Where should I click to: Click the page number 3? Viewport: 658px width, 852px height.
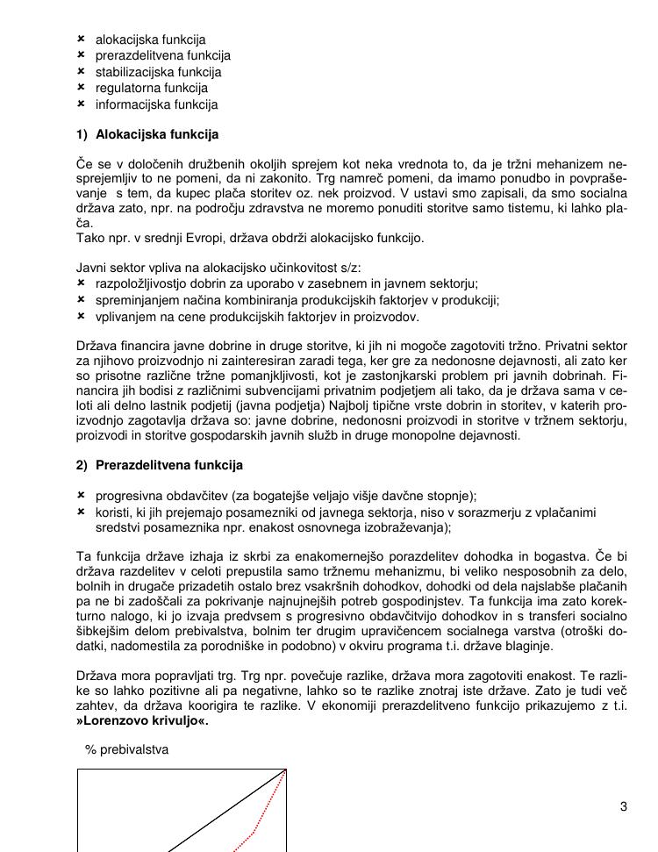coord(624,807)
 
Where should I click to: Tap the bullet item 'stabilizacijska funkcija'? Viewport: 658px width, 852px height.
coord(158,72)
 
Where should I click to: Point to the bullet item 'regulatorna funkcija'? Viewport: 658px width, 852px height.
coord(151,88)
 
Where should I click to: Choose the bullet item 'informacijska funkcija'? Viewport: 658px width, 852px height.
coord(156,104)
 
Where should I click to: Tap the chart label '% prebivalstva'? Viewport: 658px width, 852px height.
coord(126,749)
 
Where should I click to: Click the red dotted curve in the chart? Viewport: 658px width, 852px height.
coord(255,828)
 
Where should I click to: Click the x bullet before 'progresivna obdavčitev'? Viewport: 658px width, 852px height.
coord(81,495)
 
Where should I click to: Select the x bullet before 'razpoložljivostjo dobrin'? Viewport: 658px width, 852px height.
coord(81,283)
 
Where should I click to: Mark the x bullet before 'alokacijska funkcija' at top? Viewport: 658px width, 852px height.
coord(81,39)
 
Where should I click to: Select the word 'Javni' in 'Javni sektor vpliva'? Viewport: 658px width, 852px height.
coord(92,268)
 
